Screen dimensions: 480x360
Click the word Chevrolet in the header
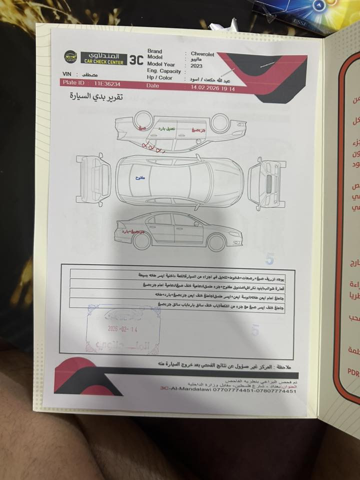202,53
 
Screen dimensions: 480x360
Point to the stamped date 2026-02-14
123,329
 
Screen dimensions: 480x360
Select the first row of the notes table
182,275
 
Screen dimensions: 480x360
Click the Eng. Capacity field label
164,71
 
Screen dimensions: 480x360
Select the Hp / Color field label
160,78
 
